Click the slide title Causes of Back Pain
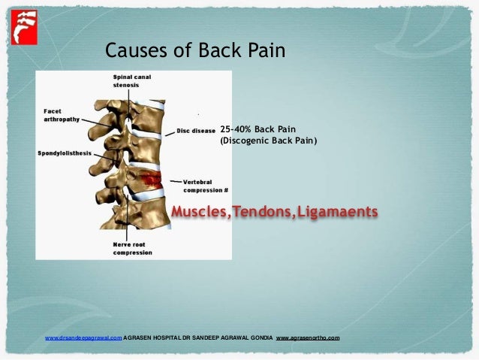click(x=195, y=50)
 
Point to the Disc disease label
click(x=196, y=130)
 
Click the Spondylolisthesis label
click(x=65, y=153)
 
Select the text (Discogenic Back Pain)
click(x=268, y=140)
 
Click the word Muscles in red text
click(x=200, y=213)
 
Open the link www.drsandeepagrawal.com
click(x=83, y=338)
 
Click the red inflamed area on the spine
click(x=152, y=180)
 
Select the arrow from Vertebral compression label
click(x=173, y=181)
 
